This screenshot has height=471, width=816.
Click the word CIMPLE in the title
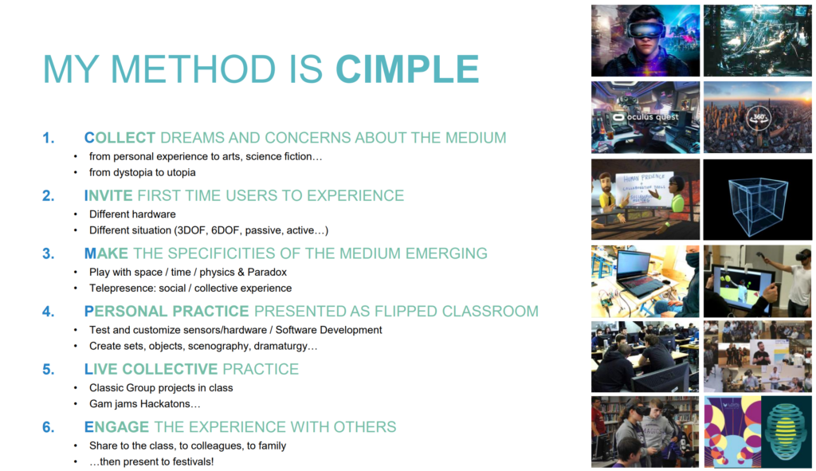coord(407,69)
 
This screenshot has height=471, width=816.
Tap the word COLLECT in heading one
coord(120,138)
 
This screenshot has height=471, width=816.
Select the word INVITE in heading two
coord(108,196)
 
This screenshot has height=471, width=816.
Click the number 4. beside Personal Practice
coord(49,312)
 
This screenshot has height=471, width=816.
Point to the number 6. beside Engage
coord(49,427)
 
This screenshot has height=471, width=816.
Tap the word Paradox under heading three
coord(267,273)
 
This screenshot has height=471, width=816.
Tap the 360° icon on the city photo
coord(759,117)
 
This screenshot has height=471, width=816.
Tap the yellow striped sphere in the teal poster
coord(787,431)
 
